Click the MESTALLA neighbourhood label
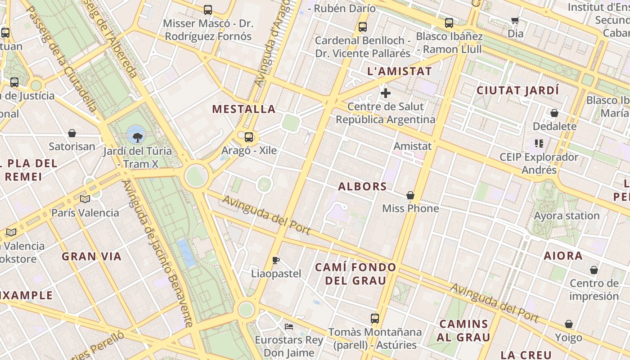[243, 109]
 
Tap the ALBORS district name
[362, 186]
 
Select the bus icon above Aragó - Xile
[249, 137]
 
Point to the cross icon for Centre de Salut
[386, 93]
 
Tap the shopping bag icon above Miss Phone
[410, 195]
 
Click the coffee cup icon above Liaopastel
[276, 260]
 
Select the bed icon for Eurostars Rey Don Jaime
[289, 326]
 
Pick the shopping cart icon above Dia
[515, 20]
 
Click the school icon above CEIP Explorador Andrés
[539, 144]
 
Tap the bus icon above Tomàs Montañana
[375, 319]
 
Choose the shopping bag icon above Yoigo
[569, 324]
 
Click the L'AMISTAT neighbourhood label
[400, 71]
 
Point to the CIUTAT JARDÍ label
[517, 90]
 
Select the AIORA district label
[563, 256]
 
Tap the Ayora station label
[567, 216]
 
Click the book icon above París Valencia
[85, 199]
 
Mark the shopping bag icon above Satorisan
[72, 133]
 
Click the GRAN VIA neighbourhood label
[91, 256]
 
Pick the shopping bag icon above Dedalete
[554, 113]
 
